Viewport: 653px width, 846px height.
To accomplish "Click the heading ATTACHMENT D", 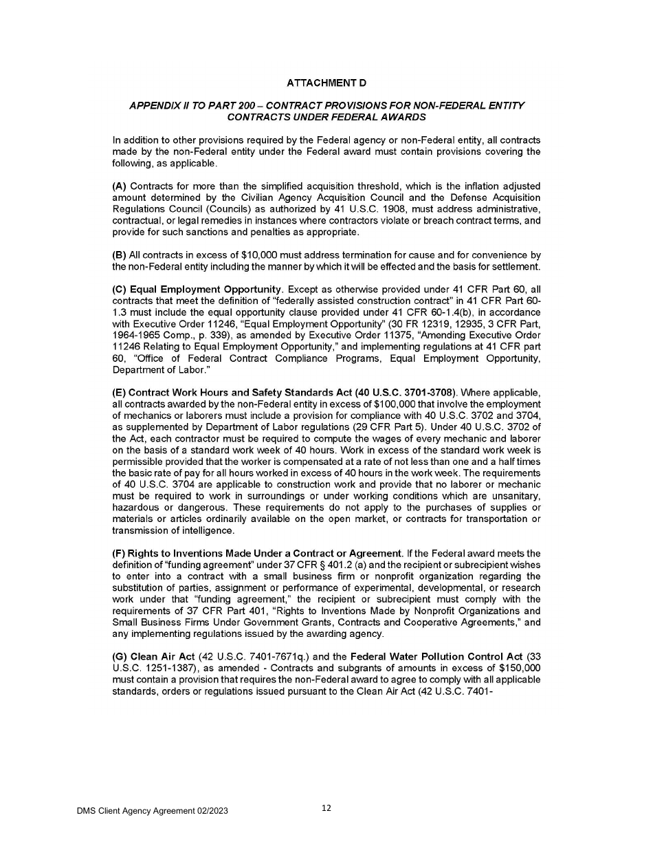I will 326,83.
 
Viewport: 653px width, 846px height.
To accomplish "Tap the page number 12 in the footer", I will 326,808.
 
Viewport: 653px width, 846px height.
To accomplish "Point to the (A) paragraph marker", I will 120,186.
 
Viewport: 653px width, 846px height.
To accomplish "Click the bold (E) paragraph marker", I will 120,393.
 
